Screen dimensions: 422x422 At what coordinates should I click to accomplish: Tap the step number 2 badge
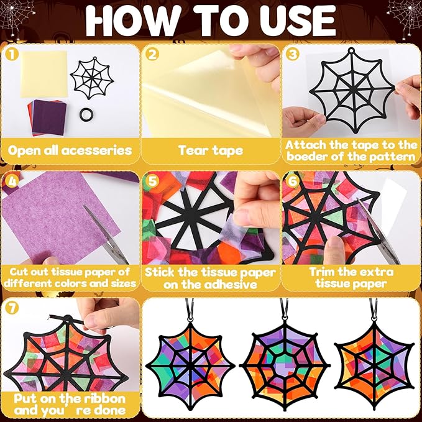coord(152,54)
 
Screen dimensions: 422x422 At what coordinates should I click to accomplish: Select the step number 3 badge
coord(293,54)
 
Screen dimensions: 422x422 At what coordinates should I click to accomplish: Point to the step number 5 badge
coord(152,181)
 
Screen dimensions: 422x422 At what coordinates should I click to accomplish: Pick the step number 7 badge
coord(12,308)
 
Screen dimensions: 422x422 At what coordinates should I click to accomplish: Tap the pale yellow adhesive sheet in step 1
coord(44,74)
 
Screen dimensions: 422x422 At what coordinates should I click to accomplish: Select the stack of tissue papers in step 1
coord(47,117)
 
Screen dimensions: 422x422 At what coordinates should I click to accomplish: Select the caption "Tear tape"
coord(211,150)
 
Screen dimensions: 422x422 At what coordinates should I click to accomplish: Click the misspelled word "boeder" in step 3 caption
coord(306,157)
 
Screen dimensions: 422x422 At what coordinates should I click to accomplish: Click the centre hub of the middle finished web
coord(283,365)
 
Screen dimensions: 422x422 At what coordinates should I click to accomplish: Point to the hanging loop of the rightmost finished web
coord(374,310)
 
